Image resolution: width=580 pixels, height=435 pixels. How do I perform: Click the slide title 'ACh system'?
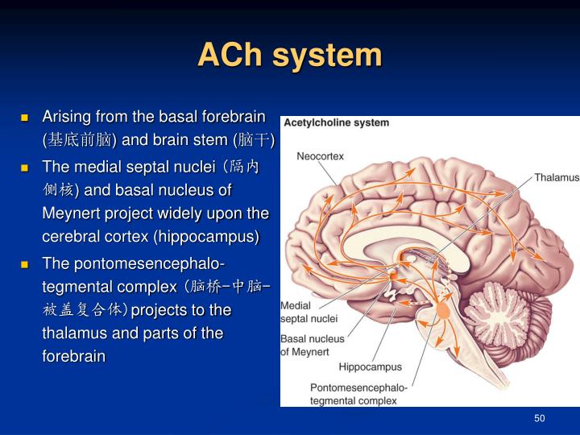click(x=289, y=56)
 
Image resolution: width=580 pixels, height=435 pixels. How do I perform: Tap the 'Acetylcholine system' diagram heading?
click(x=336, y=123)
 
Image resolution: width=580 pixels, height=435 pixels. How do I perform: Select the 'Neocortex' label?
click(x=320, y=155)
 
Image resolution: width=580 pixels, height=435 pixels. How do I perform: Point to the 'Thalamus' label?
click(x=556, y=177)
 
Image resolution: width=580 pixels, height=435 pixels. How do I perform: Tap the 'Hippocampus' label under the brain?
click(x=370, y=367)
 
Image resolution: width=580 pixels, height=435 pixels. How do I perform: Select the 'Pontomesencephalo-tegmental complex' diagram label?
click(x=358, y=394)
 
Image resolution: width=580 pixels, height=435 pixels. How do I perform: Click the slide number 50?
click(x=539, y=418)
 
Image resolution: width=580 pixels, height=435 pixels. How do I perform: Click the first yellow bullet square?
click(x=25, y=118)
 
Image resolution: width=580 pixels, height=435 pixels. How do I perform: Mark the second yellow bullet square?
click(x=25, y=168)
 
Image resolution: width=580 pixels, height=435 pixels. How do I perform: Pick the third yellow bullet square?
click(x=25, y=264)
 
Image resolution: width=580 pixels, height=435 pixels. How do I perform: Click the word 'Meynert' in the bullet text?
click(x=70, y=213)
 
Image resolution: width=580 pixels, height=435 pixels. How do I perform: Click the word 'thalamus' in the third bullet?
click(x=75, y=333)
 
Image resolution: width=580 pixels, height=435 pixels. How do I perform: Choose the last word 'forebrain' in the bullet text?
click(x=73, y=355)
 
